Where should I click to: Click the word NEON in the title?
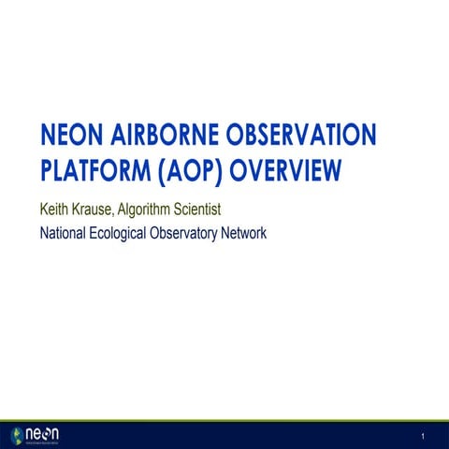71,137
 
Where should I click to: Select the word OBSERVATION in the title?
306,137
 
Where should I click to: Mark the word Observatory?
196,233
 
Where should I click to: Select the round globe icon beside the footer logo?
17,435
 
